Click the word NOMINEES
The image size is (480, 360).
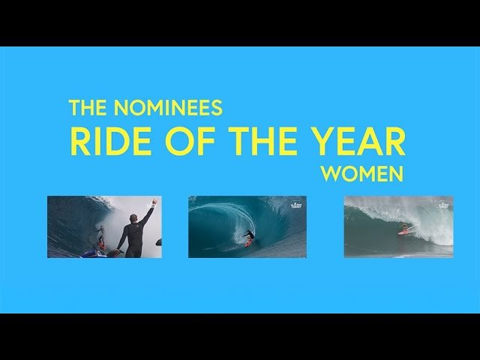tap(169, 108)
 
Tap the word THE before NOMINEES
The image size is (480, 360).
tap(90, 108)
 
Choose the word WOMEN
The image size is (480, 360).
tap(362, 174)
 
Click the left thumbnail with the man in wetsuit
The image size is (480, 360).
tap(104, 226)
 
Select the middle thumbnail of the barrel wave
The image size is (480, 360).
tap(247, 226)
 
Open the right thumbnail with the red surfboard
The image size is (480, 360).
tap(398, 226)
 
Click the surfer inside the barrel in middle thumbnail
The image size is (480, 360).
tap(249, 237)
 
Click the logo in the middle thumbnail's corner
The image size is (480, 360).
tap(296, 204)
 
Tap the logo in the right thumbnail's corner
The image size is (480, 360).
tap(444, 204)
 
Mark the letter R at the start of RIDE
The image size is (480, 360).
tap(81, 141)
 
